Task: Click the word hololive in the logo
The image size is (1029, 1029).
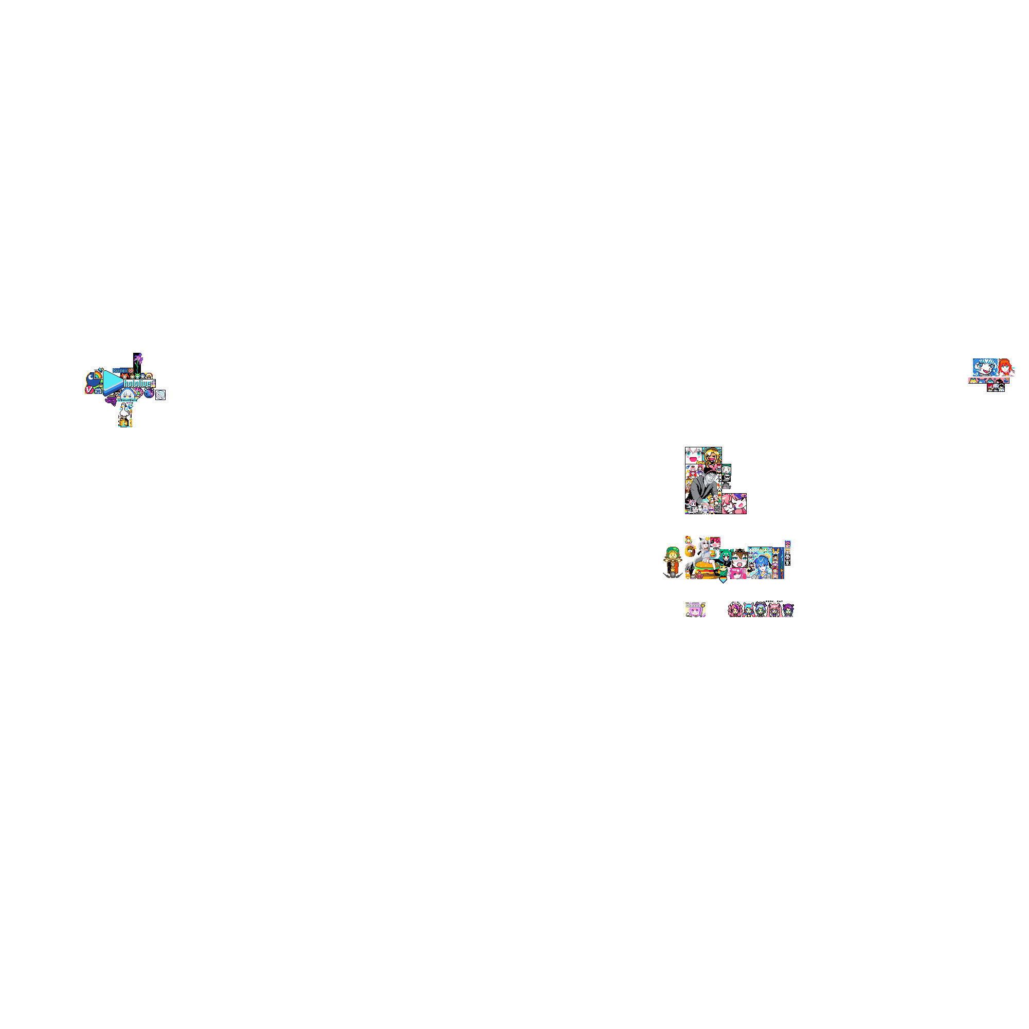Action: tap(137, 384)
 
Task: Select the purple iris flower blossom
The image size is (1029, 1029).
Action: tap(138, 358)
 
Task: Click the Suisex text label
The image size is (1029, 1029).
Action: tap(120, 371)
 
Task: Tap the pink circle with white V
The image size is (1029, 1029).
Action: tap(89, 390)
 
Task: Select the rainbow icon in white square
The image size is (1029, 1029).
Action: tap(98, 374)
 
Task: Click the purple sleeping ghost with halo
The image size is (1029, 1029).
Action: tap(111, 400)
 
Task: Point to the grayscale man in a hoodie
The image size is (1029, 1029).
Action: tap(704, 486)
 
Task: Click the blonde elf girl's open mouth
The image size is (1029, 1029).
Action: tap(712, 459)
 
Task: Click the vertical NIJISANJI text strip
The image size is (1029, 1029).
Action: tap(781, 563)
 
